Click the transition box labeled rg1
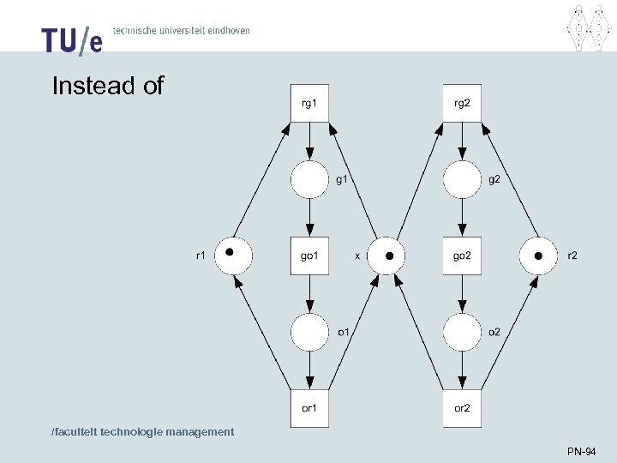(309, 104)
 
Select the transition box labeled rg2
(462, 104)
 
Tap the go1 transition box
(309, 256)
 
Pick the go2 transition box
(462, 256)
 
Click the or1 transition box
(309, 408)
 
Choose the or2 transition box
(462, 408)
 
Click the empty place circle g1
(309, 180)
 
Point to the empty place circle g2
(462, 180)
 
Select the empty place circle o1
(309, 333)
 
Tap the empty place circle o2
(462, 333)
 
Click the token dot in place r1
(230, 252)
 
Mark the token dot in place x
(389, 256)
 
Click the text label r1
(200, 256)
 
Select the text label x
(357, 256)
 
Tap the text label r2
(572, 256)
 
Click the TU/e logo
(72, 39)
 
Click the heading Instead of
(107, 87)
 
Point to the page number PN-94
(581, 451)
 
